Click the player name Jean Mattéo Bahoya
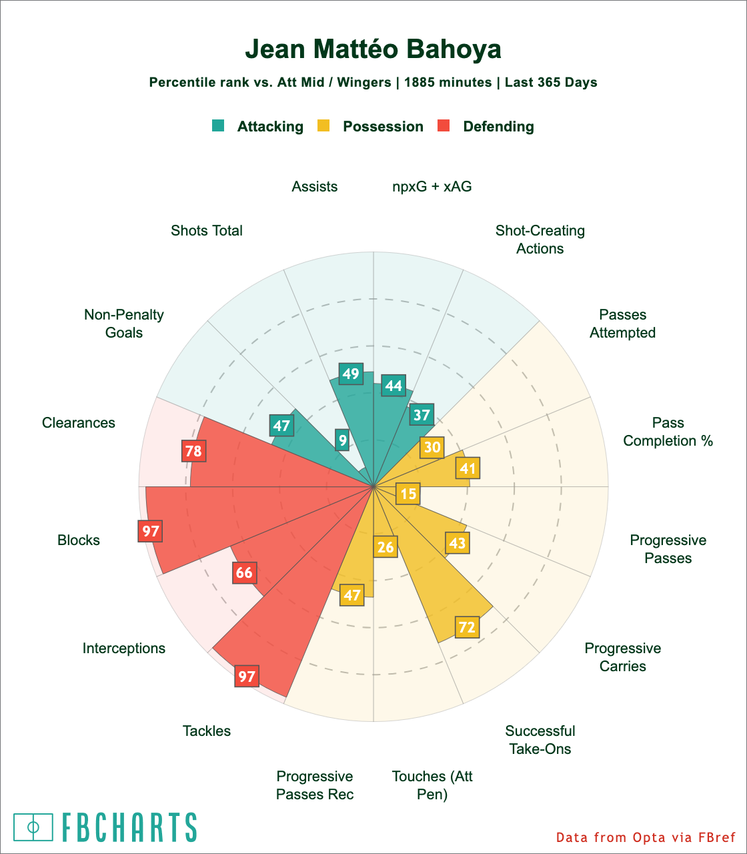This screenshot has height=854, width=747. (x=373, y=50)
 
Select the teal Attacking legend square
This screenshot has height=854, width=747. (x=218, y=125)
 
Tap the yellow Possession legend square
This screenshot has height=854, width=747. (x=323, y=125)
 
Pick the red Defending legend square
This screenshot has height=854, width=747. (x=444, y=125)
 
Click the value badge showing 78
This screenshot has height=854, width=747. (x=193, y=452)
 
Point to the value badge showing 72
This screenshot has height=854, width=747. (x=467, y=627)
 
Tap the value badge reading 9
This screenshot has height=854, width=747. (x=342, y=440)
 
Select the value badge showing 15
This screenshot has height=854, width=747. (x=408, y=494)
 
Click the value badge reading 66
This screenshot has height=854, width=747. (x=244, y=572)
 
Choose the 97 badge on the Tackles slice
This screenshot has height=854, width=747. (x=247, y=677)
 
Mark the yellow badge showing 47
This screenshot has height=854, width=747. (x=351, y=594)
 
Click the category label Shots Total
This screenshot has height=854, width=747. (x=207, y=231)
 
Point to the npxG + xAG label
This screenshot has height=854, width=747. (x=432, y=187)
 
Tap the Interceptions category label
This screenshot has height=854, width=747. (x=124, y=649)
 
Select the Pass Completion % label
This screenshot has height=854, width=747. (x=668, y=432)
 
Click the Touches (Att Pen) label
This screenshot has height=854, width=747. (x=432, y=785)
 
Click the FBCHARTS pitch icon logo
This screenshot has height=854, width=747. (x=33, y=827)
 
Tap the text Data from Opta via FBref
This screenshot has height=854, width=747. (x=646, y=837)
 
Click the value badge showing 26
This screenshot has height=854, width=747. (x=386, y=548)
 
